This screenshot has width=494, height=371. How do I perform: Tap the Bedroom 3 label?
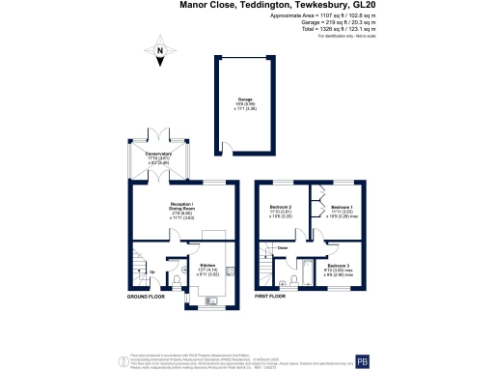(x=337, y=267)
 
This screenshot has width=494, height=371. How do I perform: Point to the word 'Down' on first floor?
(x=283, y=248)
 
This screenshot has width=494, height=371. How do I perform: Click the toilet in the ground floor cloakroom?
(x=181, y=280)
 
